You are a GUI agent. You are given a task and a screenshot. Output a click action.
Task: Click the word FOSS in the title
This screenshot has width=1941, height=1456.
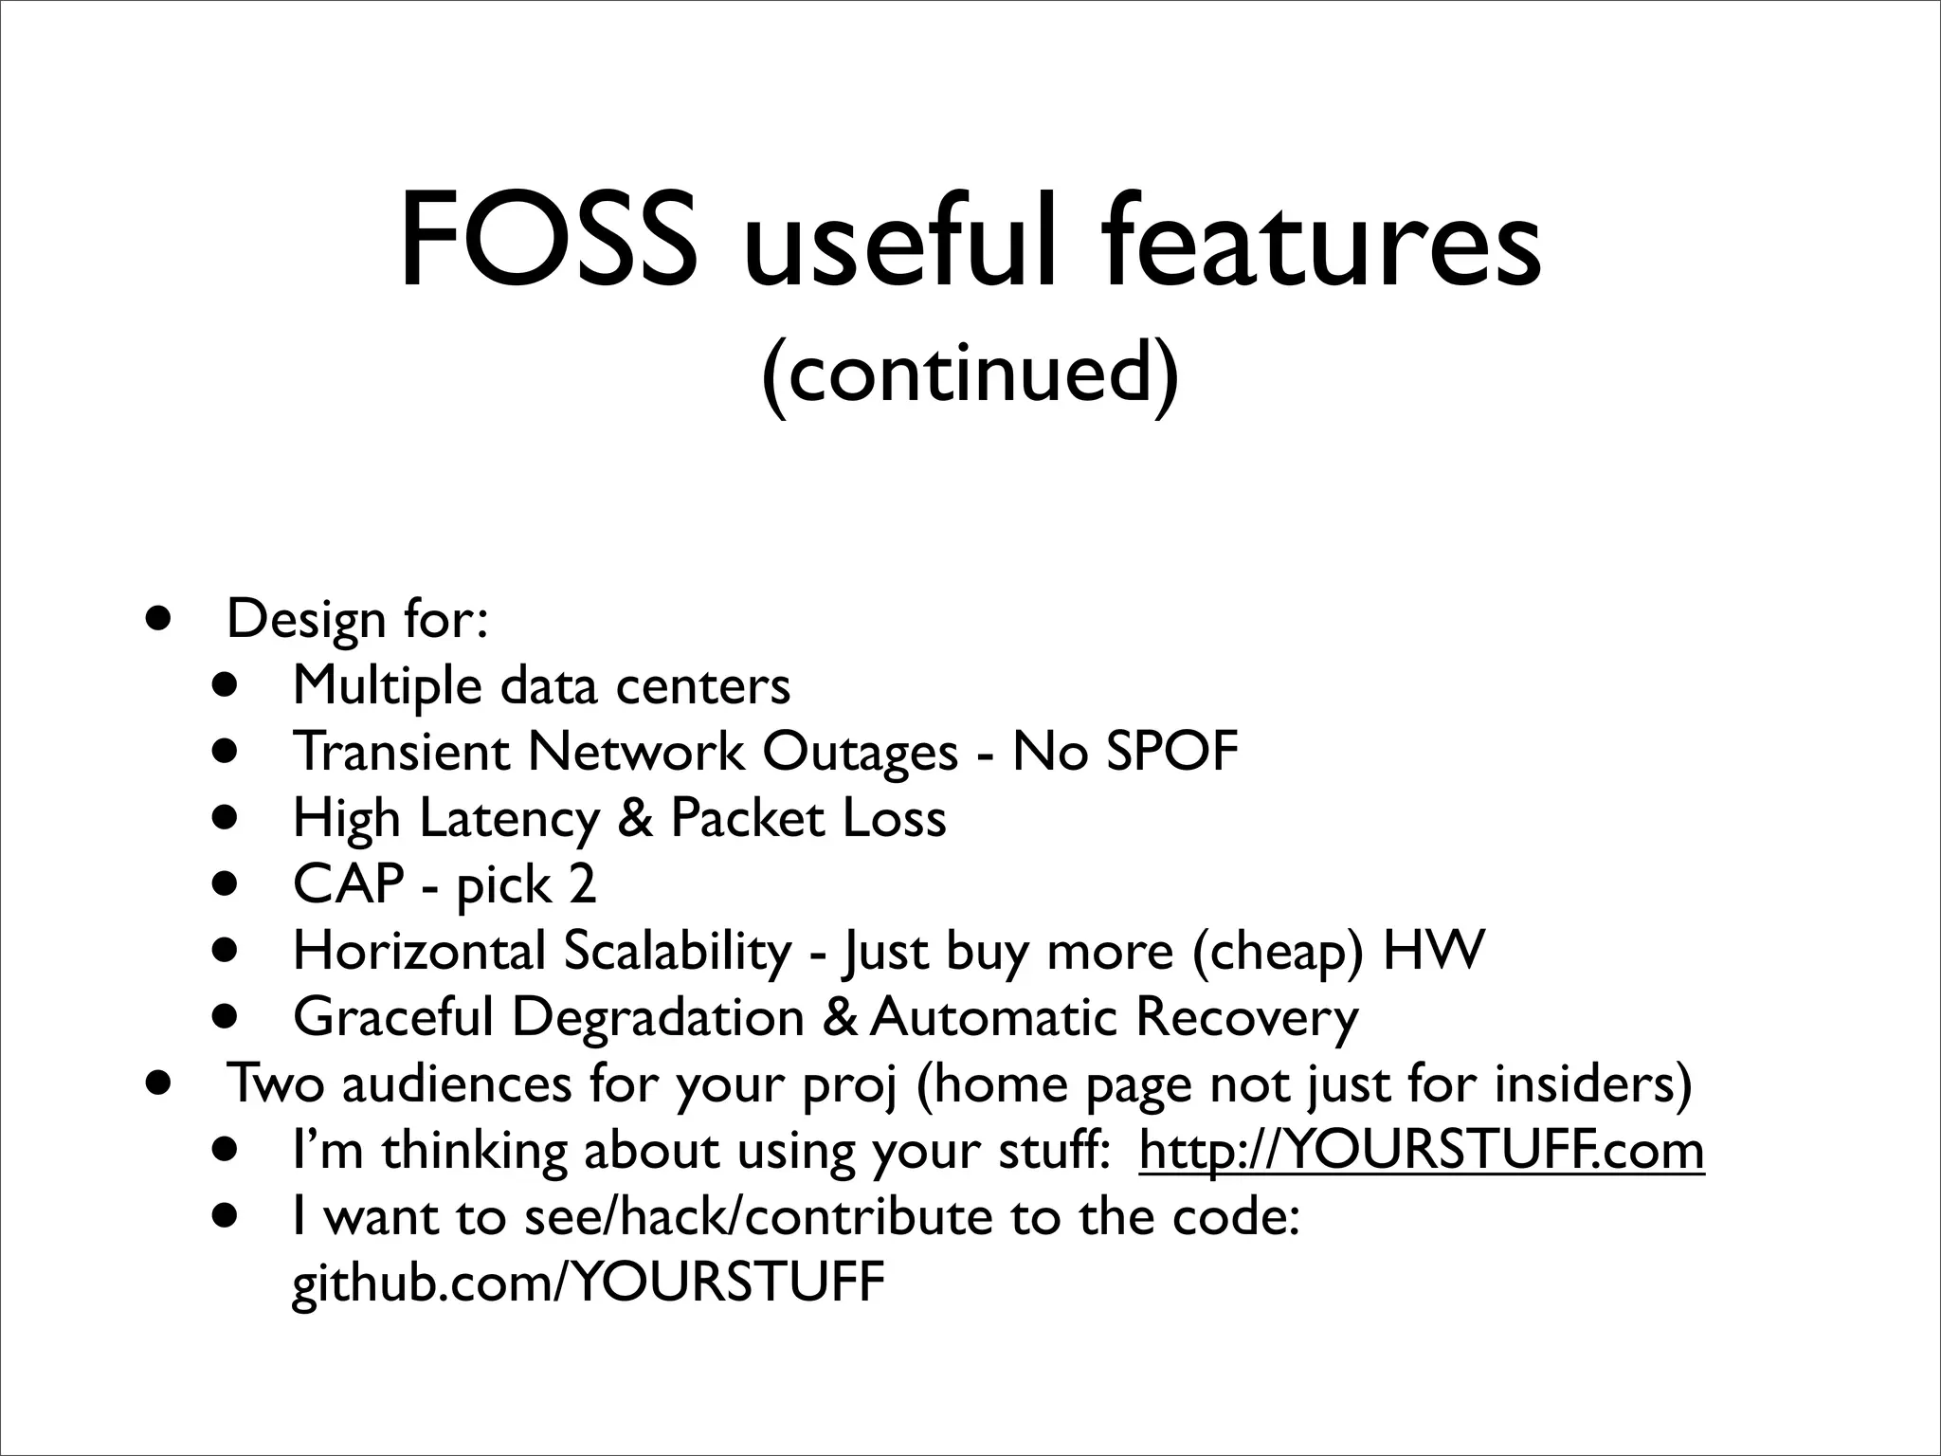pyautogui.click(x=544, y=242)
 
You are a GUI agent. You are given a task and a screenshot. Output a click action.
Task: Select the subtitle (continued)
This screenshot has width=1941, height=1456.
pyautogui.click(x=970, y=373)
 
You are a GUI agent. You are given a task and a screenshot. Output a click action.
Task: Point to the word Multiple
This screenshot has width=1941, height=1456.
pyautogui.click(x=388, y=686)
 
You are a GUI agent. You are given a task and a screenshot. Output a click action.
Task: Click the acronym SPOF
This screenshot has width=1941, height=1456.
pyautogui.click(x=1172, y=752)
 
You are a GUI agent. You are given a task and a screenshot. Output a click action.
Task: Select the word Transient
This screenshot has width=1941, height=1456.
pyautogui.click(x=402, y=752)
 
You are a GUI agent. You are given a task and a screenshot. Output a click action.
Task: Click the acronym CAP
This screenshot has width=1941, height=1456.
pyautogui.click(x=349, y=884)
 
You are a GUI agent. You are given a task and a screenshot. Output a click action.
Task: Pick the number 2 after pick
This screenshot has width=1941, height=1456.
pyautogui.click(x=582, y=884)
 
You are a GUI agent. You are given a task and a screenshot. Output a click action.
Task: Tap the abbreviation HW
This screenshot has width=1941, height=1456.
pyautogui.click(x=1433, y=951)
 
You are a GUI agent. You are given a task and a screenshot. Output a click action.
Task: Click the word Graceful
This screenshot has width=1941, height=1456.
pyautogui.click(x=393, y=1017)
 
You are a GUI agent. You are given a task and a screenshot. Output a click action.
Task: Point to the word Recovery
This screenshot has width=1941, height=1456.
pyautogui.click(x=1246, y=1017)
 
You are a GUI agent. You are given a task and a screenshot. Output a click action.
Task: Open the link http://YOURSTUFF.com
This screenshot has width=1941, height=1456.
pyautogui.click(x=1422, y=1151)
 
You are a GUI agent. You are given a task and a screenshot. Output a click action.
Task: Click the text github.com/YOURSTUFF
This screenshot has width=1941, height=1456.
pyautogui.click(x=589, y=1283)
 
